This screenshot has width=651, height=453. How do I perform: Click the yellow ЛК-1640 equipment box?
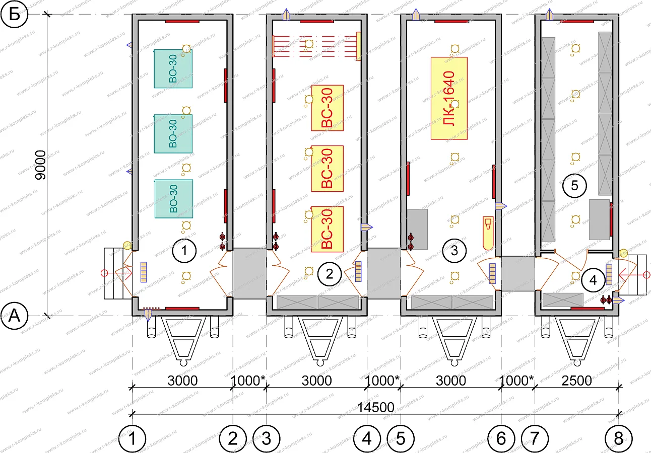[449, 99]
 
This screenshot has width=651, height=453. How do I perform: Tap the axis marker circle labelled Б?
[14, 14]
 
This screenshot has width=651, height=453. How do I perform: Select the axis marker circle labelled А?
[14, 316]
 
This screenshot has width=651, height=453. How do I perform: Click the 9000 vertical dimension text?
[40, 165]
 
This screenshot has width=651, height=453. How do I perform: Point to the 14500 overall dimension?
[375, 407]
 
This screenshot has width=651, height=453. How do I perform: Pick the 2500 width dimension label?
[576, 381]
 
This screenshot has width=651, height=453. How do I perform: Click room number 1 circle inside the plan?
[184, 251]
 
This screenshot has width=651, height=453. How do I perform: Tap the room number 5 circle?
[574, 186]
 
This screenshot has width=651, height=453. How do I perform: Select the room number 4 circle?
[593, 280]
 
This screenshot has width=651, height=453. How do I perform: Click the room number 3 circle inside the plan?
[454, 251]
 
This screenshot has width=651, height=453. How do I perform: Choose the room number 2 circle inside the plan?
[329, 274]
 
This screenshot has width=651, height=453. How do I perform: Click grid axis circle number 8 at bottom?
[618, 438]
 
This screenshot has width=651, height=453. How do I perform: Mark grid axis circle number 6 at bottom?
[501, 438]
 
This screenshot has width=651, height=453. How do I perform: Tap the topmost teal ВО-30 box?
[173, 68]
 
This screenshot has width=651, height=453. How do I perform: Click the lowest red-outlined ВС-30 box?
[327, 229]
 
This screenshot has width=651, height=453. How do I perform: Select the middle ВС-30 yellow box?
[327, 169]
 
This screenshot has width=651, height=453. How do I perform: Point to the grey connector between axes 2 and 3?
[249, 273]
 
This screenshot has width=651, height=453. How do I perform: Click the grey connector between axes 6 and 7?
[518, 273]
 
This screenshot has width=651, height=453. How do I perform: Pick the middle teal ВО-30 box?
[173, 133]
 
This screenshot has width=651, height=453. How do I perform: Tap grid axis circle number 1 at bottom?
[132, 438]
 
